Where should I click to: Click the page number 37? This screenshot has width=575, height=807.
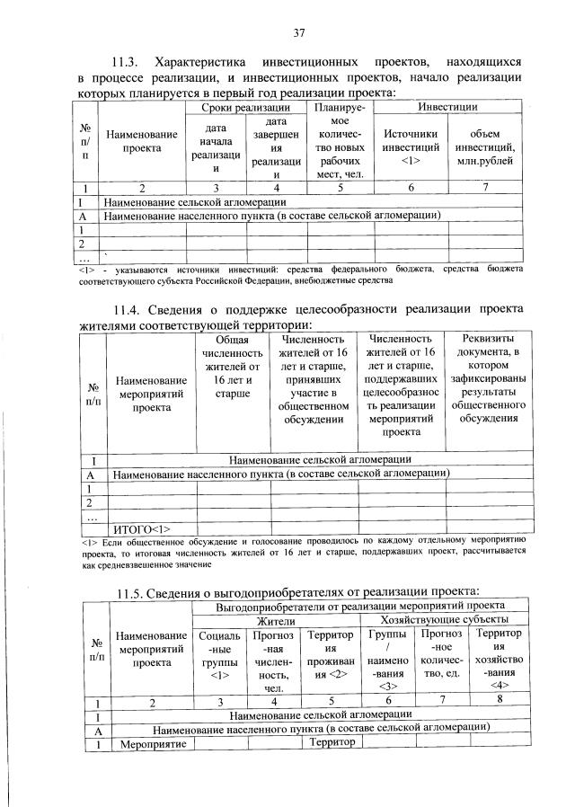[x=299, y=33]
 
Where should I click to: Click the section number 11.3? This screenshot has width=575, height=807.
[x=125, y=63]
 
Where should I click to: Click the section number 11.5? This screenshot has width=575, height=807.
[x=137, y=590]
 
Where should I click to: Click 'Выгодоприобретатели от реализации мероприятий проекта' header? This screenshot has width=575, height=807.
[x=360, y=607]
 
